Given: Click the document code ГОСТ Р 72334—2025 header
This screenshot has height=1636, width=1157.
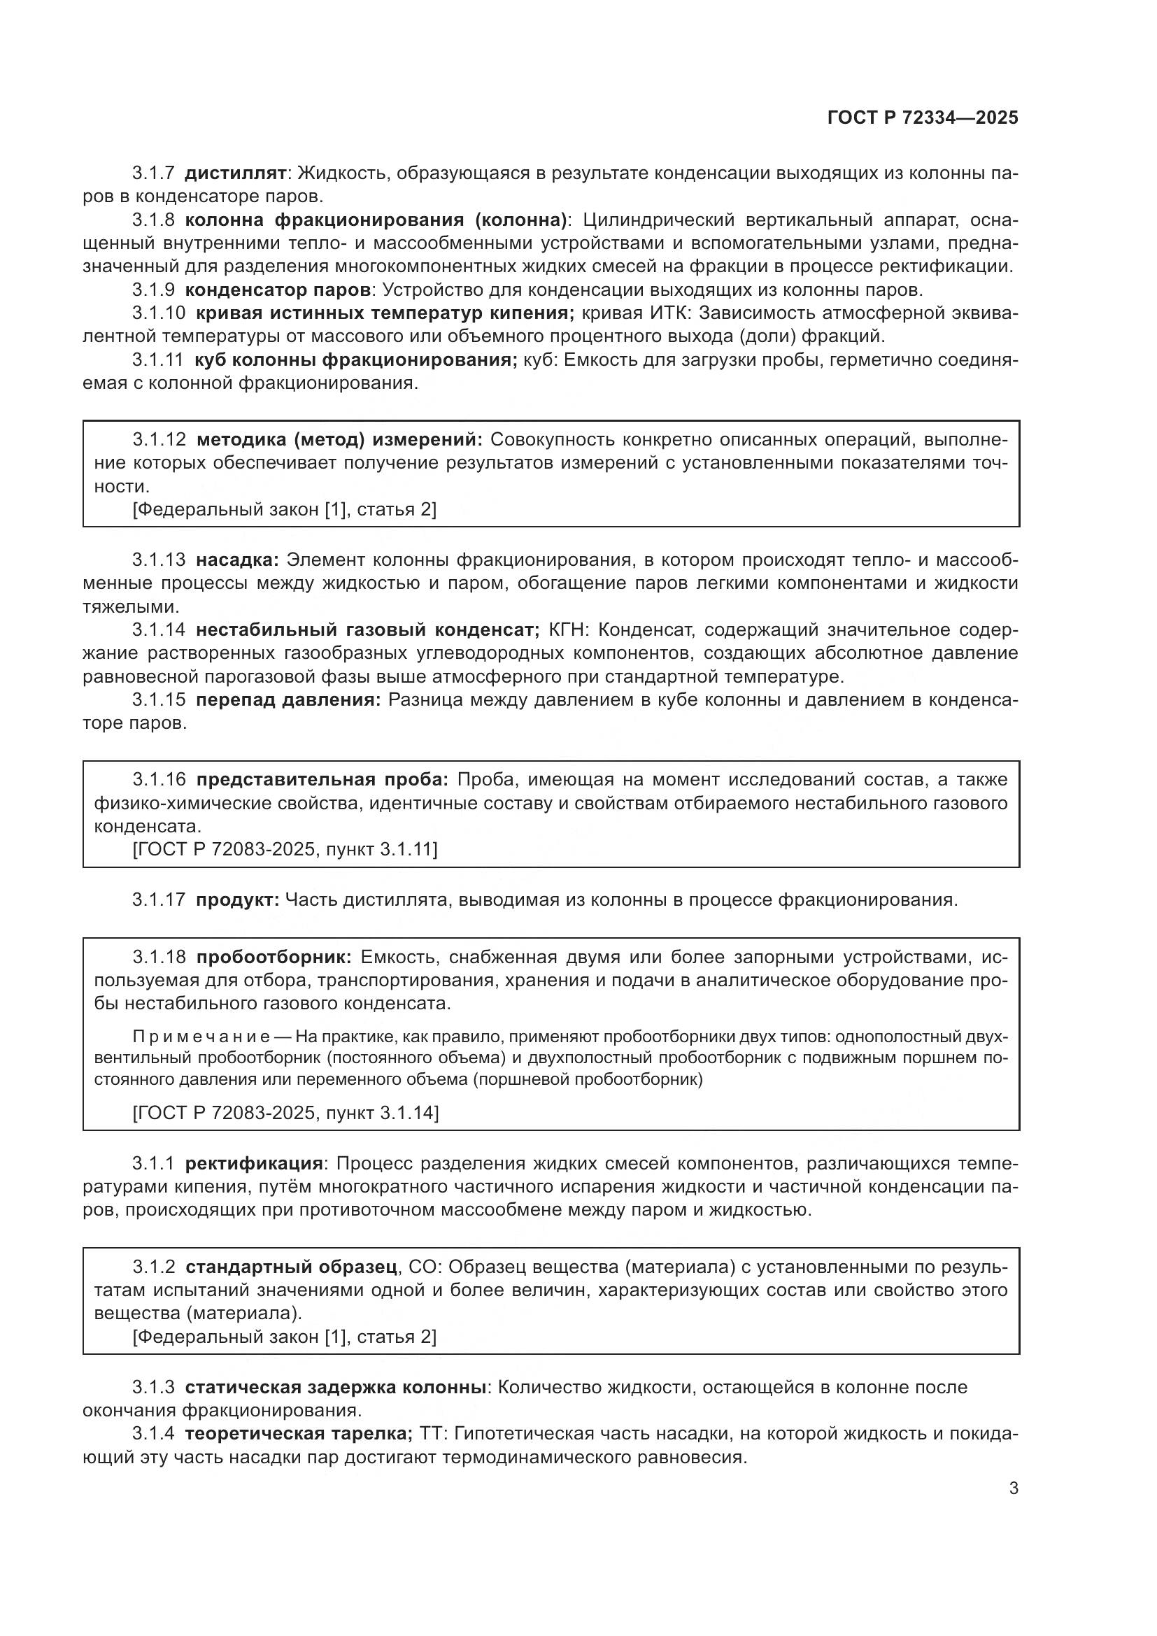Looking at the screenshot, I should click(x=923, y=118).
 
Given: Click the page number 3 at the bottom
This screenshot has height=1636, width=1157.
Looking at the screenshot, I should click(x=1013, y=1488).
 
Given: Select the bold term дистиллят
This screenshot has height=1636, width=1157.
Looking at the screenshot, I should click(x=235, y=173).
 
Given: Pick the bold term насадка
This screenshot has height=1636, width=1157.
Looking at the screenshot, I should click(x=238, y=560).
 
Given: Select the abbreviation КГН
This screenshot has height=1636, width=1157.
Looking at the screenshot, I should click(x=567, y=630).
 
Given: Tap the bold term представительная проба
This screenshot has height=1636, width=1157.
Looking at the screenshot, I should click(x=322, y=779).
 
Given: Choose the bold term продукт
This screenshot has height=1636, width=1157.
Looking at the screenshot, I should click(x=237, y=899).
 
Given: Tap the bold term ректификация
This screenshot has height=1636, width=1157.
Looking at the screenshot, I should click(x=254, y=1164).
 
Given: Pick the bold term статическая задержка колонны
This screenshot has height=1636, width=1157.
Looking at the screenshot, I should click(x=336, y=1387).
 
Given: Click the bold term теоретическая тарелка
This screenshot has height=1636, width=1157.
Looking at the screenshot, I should click(x=298, y=1434).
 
